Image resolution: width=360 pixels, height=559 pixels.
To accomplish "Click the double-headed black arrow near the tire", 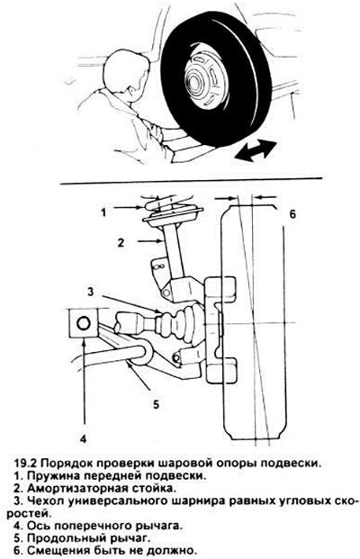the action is [x=256, y=149].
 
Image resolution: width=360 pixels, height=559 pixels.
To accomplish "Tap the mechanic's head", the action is [x=126, y=73].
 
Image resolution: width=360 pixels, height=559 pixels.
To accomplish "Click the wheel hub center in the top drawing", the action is [x=194, y=81].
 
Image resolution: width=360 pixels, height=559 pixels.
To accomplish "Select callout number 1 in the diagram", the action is [x=103, y=212].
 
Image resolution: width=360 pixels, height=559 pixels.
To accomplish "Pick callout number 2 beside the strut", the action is [x=121, y=242].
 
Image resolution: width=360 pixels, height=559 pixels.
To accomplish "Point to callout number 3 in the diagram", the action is [x=91, y=292].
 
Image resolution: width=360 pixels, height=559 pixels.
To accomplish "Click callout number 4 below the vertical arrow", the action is [x=83, y=438].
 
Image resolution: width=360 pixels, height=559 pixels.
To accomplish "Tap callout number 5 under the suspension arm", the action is [x=156, y=404].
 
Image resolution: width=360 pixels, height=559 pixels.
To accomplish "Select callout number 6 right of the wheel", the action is [x=292, y=214].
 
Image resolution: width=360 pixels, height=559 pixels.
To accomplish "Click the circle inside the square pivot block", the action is [x=84, y=324].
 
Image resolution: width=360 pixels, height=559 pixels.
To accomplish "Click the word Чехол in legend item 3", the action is [x=46, y=500].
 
